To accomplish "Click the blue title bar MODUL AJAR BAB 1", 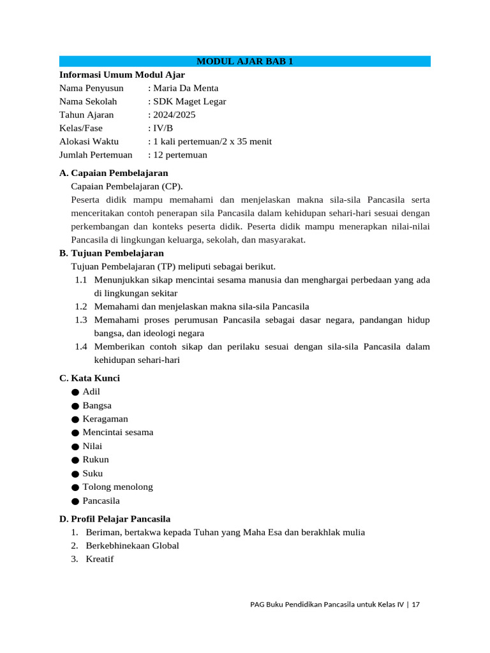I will click(245, 61).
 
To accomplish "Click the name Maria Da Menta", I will click(186, 88).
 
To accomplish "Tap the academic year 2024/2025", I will click(174, 115).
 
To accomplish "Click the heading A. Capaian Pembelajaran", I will click(114, 173).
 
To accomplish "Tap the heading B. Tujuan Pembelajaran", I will click(111, 253).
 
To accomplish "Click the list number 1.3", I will click(80, 320).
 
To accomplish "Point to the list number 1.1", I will click(80, 280).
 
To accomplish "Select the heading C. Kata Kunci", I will click(89, 378).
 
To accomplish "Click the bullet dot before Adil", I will click(75, 392).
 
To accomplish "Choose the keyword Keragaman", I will click(105, 419).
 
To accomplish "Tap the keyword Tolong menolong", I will click(117, 487).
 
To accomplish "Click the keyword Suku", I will click(93, 474).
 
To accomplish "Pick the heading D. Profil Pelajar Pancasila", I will click(115, 519).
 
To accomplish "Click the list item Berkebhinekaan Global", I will click(132, 546).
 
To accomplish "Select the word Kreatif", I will click(100, 560).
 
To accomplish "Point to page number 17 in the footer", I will click(415, 605).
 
